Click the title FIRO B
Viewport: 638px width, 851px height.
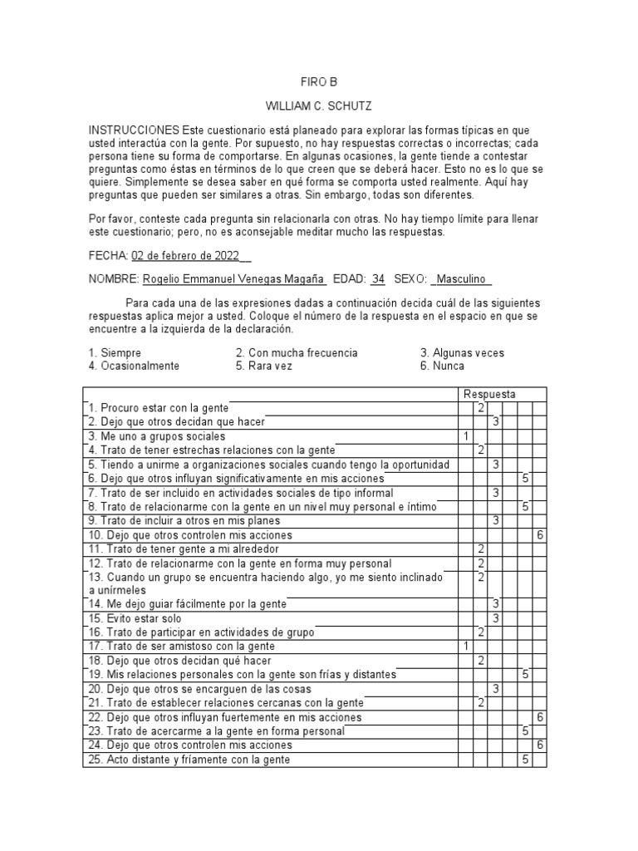[x=319, y=82]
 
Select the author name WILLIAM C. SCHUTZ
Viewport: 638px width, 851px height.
[x=319, y=107]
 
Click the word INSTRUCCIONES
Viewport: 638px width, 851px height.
[x=134, y=131]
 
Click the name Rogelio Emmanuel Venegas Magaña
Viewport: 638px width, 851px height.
[x=234, y=280]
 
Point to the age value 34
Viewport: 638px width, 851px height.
[x=378, y=280]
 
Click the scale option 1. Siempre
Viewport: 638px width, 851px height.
[x=115, y=353]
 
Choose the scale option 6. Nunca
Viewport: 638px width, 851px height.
[x=443, y=366]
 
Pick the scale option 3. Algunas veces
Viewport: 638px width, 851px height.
[x=462, y=353]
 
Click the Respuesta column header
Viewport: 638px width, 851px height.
[x=489, y=394]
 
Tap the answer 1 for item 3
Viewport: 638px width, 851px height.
[x=466, y=436]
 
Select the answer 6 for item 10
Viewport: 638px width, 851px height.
[x=539, y=535]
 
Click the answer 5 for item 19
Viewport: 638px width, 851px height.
[x=525, y=674]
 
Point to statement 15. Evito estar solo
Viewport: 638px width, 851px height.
[x=136, y=618]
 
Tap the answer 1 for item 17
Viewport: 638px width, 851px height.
[x=466, y=647]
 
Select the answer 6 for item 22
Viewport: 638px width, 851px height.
[x=539, y=717]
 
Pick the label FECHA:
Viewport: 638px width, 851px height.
[x=108, y=256]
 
